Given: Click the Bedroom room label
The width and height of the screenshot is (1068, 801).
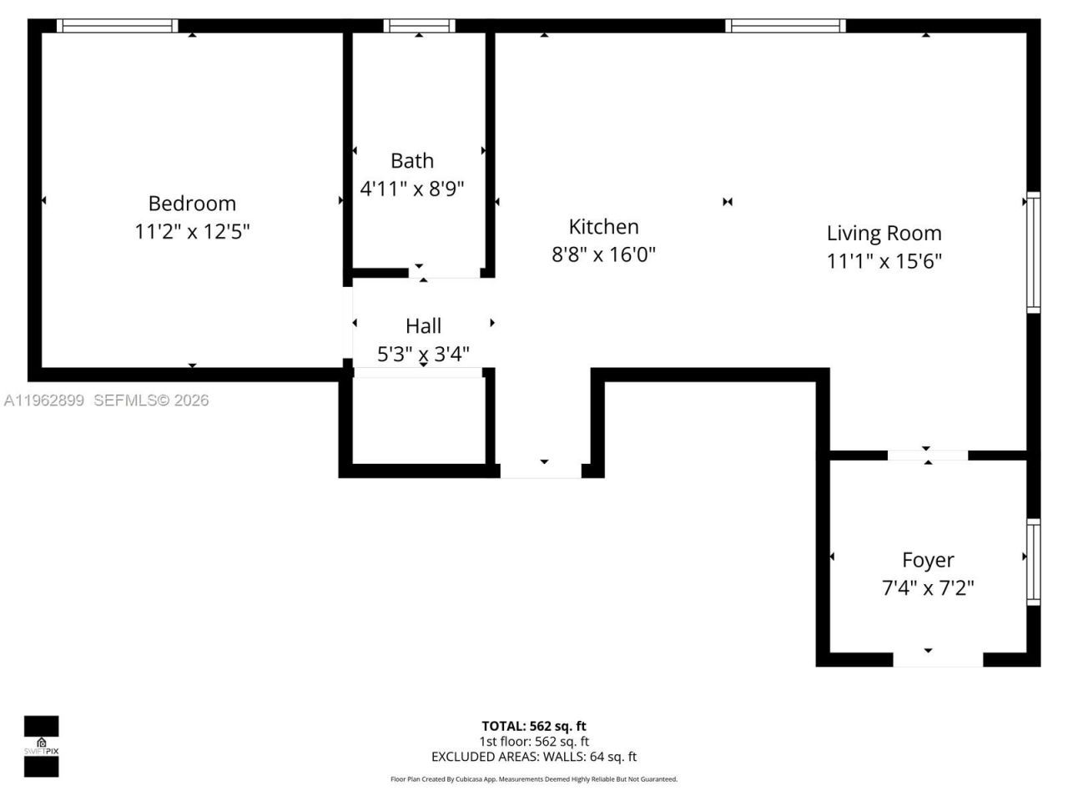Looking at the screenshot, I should pos(192,204).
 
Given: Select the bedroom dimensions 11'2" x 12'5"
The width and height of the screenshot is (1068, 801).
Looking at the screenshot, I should pos(192,231).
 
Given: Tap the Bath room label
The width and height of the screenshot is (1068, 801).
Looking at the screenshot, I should pos(412,161).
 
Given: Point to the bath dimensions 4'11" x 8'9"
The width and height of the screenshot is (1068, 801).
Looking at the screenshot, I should pos(412,189).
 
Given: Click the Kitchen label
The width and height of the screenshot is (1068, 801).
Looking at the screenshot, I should pos(603,227).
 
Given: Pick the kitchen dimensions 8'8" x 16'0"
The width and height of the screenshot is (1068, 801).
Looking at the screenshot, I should pos(603,254).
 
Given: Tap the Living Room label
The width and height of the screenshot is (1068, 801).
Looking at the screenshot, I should pos(884,234).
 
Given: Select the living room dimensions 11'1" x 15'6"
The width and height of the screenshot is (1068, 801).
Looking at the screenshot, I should pos(884,261).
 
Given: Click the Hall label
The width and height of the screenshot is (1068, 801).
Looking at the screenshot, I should pos(423,326).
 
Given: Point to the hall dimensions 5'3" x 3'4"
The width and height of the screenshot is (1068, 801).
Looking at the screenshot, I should pos(423,354).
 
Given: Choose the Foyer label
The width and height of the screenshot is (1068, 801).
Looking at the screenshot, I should pos(928,561).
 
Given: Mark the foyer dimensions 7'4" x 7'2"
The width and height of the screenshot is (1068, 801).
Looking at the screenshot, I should pos(928,588).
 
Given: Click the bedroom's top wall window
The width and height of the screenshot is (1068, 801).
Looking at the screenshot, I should pos(117,26).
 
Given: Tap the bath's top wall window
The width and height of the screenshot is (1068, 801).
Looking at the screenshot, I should pos(419,26).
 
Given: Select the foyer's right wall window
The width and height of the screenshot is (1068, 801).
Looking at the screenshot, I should pos(1033,562).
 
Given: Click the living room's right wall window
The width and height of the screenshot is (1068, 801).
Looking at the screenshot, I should pos(1033,252).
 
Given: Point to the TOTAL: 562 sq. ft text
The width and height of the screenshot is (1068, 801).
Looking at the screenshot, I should pos(533,726).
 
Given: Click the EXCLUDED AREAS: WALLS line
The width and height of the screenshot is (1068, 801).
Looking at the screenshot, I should pos(533,757).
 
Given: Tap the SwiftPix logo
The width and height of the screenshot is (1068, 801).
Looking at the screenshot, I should pos(41,746).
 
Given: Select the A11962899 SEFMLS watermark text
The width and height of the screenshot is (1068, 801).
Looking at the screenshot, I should pos(106,400).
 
